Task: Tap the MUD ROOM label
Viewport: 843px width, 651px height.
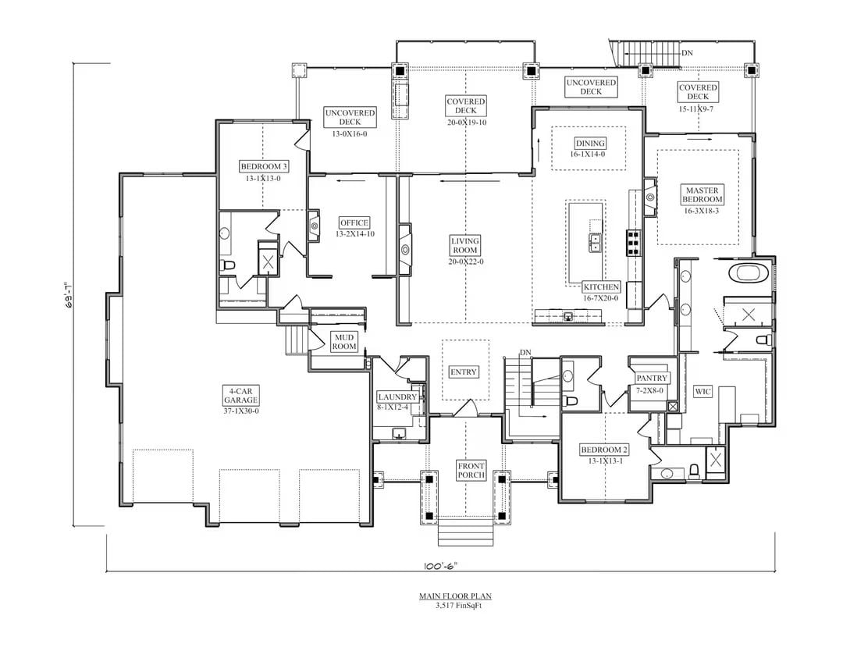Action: [344, 341]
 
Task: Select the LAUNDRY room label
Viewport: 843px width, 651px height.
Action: [397, 397]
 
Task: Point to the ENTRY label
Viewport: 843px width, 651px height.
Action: [464, 372]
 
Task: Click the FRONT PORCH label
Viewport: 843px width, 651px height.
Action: [471, 471]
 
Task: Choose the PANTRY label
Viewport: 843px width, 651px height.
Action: [651, 379]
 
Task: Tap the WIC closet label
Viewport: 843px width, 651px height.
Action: [702, 391]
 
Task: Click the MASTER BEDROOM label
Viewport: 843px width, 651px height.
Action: [702, 194]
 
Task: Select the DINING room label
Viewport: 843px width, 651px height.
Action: [590, 144]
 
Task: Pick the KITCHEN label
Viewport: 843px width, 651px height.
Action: [601, 287]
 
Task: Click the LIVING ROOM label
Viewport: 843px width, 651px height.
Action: [465, 246]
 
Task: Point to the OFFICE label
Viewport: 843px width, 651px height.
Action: [354, 223]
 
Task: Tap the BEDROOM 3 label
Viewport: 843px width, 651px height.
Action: [263, 166]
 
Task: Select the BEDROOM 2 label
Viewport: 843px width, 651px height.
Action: [604, 450]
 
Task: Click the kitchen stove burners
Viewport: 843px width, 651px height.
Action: [633, 244]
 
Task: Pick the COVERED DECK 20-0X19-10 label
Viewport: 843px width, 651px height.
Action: [466, 106]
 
